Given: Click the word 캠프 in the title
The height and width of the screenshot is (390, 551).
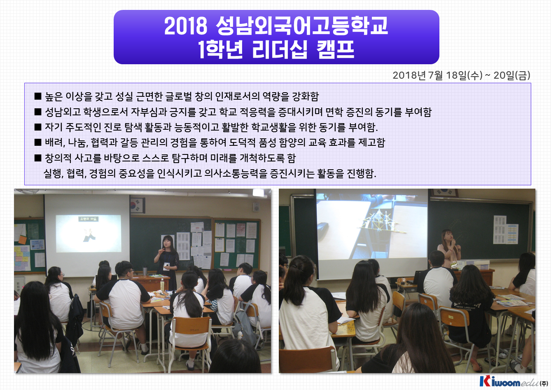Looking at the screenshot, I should pos(336,49).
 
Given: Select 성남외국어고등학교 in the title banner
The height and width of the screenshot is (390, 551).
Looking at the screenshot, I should pos(301,26).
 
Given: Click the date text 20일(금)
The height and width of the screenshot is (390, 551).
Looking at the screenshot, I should pos(512,75).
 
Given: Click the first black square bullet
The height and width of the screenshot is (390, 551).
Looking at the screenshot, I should pos(38,96).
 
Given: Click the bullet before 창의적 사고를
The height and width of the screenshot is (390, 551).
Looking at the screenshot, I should pos(38,158).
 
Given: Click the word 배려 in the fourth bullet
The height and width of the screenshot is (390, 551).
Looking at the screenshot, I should pos(54,142).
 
